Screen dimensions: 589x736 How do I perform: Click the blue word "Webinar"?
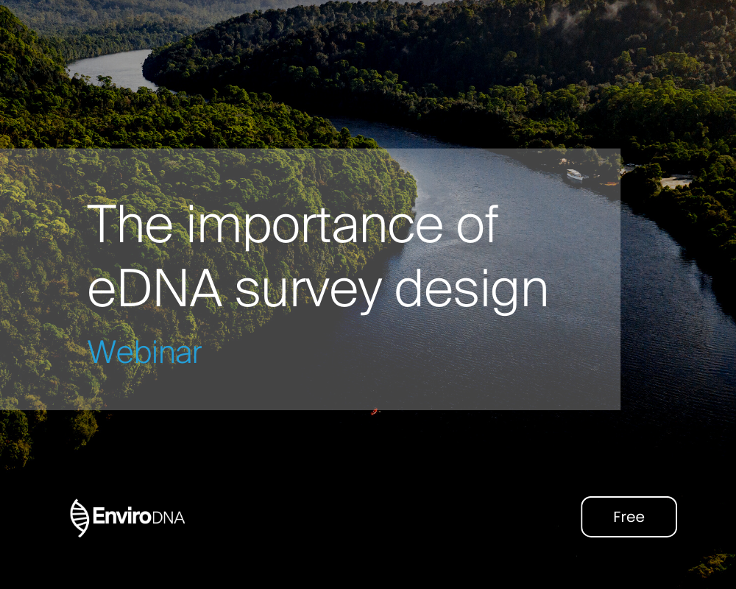click(144, 353)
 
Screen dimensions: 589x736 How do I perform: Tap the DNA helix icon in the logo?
click(79, 518)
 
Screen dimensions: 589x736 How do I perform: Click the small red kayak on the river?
click(375, 411)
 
